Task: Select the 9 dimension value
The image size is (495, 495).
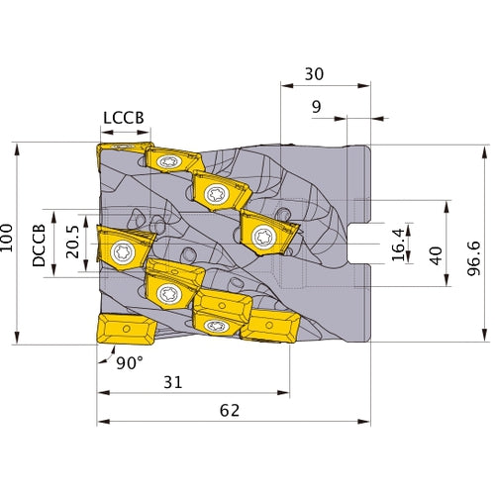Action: tap(315, 106)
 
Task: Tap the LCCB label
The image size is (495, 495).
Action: tap(124, 117)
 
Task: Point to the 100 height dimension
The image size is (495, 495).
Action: tap(9, 242)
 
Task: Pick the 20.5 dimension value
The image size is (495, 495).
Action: tap(71, 243)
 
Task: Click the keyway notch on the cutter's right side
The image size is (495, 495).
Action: tap(361, 244)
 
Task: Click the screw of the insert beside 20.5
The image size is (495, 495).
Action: tap(122, 247)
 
